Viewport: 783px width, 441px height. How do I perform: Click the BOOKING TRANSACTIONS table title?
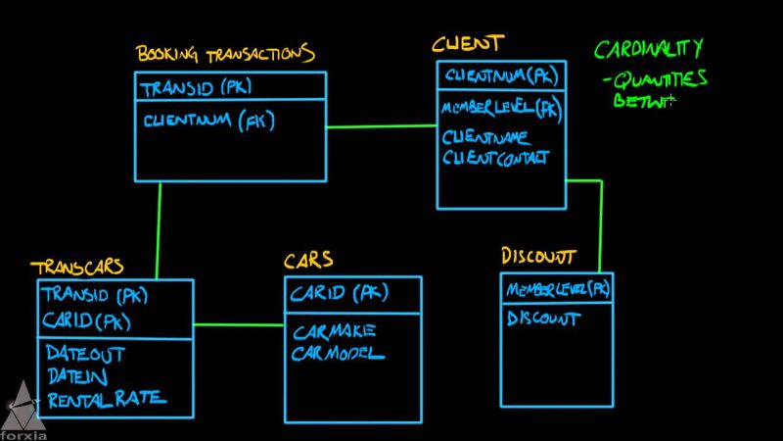pos(224,54)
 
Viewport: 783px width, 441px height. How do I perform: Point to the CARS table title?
pos(308,261)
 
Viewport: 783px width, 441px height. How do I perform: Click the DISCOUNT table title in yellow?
pos(538,257)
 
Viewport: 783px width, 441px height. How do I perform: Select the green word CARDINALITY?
pos(648,49)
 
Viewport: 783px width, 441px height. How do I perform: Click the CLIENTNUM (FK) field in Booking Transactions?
pos(208,122)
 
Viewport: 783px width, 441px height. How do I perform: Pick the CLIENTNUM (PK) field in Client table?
pos(501,75)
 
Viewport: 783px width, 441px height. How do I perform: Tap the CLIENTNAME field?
pos(486,137)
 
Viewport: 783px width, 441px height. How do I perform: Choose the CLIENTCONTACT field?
pos(496,157)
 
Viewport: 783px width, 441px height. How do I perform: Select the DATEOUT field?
pos(86,353)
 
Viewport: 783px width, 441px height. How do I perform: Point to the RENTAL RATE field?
pos(106,398)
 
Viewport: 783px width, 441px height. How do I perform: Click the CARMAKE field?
pos(334,330)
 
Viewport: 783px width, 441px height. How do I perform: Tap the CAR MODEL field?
pos(338,354)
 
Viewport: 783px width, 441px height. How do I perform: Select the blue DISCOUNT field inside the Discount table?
pos(543,318)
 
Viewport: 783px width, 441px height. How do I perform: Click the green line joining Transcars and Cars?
pos(239,324)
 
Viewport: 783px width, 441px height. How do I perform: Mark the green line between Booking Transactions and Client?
pos(382,125)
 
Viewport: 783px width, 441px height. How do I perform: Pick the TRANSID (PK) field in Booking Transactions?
pos(196,88)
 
